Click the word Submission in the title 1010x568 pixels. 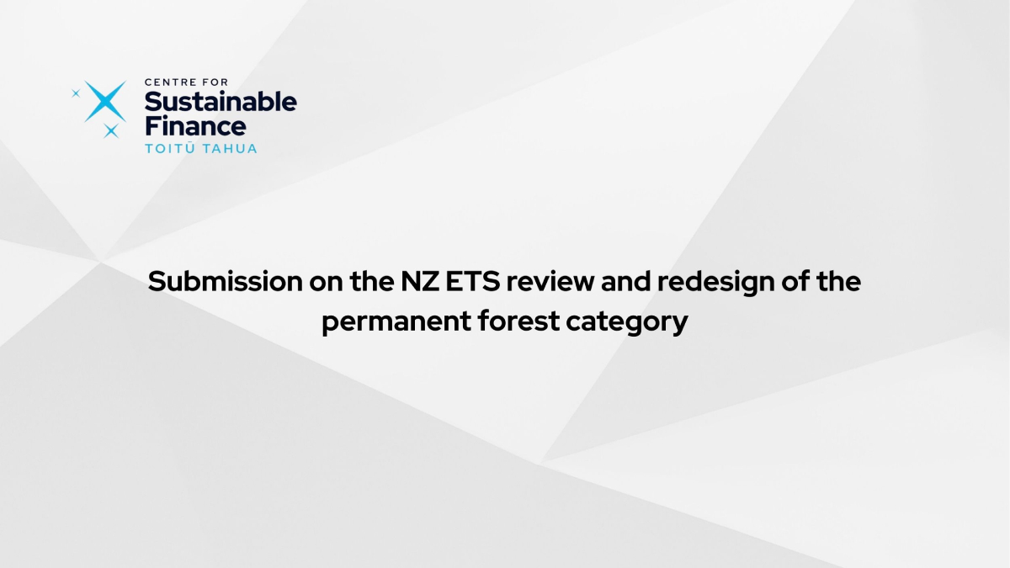(x=226, y=281)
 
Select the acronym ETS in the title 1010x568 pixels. (x=473, y=281)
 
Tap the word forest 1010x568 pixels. (x=518, y=321)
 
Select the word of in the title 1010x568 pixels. (x=795, y=281)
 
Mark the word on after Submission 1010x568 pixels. (x=326, y=283)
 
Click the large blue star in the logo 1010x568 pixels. (x=105, y=102)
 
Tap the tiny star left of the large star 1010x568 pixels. (x=76, y=93)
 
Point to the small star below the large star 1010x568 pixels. (x=111, y=130)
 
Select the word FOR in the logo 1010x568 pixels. (x=216, y=82)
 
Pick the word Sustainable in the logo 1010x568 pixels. (x=221, y=102)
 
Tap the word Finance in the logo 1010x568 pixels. (x=195, y=125)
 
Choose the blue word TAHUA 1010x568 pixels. (x=230, y=148)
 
